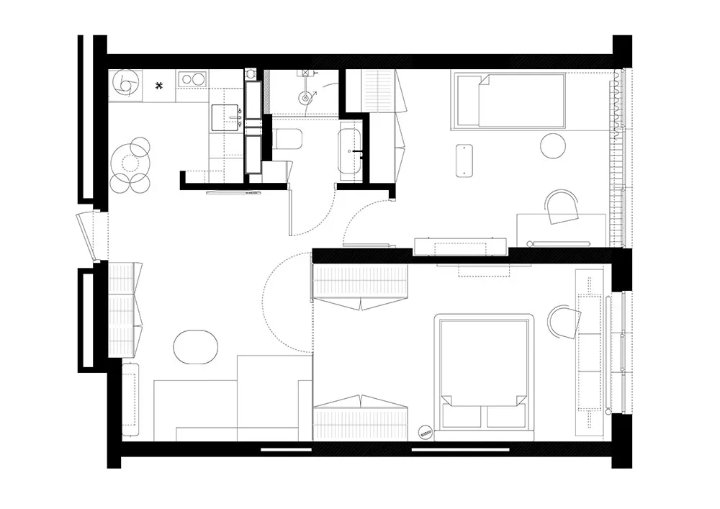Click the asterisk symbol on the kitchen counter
(x=161, y=86)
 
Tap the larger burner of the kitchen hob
(x=194, y=78)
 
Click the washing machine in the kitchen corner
(x=124, y=84)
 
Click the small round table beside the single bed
(x=554, y=146)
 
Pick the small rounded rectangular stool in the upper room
(x=464, y=161)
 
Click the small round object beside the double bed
(x=425, y=432)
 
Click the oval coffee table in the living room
(x=195, y=346)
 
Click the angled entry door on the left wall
(x=89, y=235)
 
